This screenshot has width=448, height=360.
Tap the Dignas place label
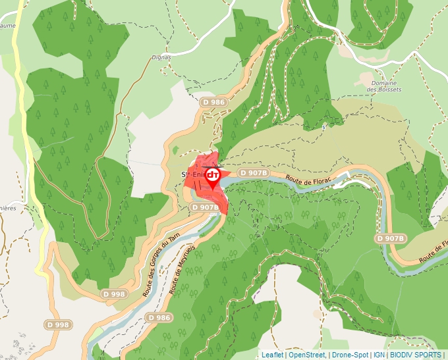coord(161,57)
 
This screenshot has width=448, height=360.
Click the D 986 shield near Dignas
coord(214,102)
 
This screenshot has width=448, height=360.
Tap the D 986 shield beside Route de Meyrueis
coord(159,318)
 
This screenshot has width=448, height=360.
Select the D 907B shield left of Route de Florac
coord(254,172)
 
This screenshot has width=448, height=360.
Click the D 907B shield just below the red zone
coord(205,207)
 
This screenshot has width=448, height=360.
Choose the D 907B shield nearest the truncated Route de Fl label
coord(390,238)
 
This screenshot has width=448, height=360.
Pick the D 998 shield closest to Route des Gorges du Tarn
coord(113,294)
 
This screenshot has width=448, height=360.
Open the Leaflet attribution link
coord(272,355)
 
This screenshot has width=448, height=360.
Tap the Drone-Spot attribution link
coord(350,355)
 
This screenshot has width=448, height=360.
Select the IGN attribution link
coord(379,355)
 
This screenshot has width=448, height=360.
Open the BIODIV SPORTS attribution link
coord(416,355)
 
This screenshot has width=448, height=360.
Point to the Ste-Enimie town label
coord(190,174)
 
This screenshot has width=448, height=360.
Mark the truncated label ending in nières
coord(7,208)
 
